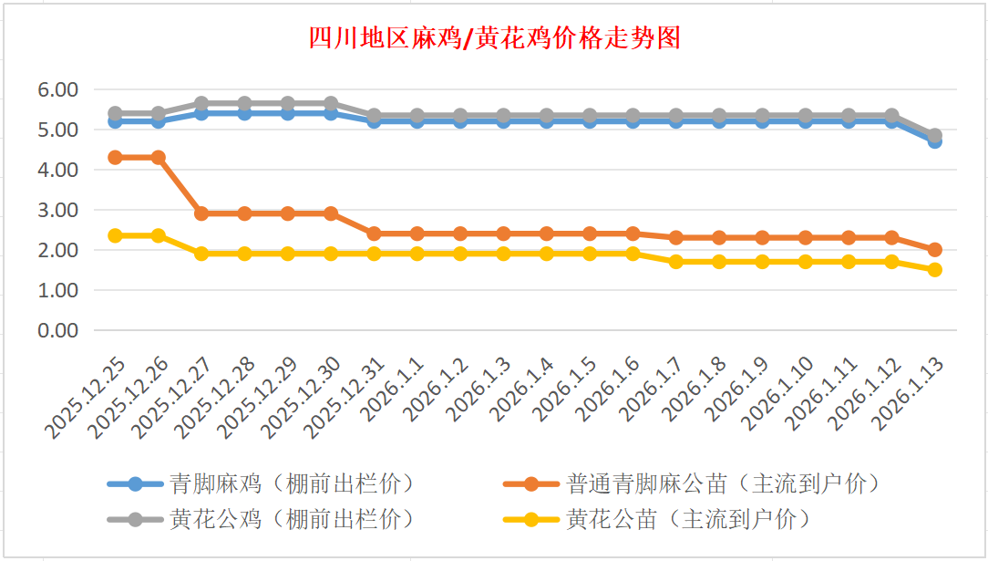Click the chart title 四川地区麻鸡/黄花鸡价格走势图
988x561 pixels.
493,37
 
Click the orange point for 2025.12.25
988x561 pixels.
115,157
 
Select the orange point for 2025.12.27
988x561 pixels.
201,213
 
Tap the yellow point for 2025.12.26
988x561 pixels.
159,235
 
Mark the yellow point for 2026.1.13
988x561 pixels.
934,269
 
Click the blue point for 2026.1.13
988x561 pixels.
934,140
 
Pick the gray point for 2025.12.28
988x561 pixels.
244,103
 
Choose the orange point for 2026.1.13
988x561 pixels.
934,249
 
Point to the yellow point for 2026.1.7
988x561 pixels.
675,262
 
